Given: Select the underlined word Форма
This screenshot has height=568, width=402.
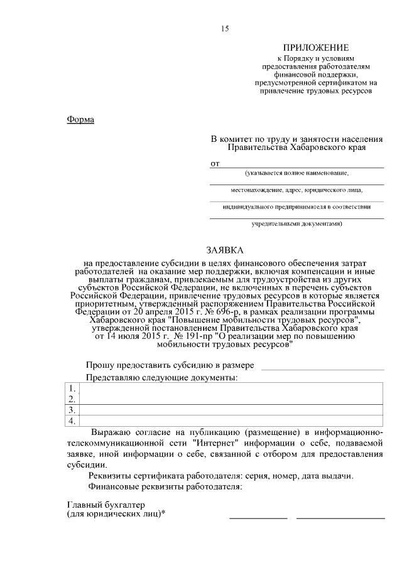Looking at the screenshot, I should point(80,119).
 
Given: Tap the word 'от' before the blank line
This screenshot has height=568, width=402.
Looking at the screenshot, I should point(215,164).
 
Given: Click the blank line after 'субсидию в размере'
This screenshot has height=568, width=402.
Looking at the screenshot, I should point(322,365).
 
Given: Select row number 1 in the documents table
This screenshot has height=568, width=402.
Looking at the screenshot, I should point(72,388).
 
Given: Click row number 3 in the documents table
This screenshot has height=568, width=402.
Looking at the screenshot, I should point(72,409).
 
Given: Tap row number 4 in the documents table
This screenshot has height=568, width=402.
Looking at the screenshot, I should point(72,420).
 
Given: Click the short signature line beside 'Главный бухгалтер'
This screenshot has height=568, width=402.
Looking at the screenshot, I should point(258,517).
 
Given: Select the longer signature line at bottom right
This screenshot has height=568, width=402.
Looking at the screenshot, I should point(340,517).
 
